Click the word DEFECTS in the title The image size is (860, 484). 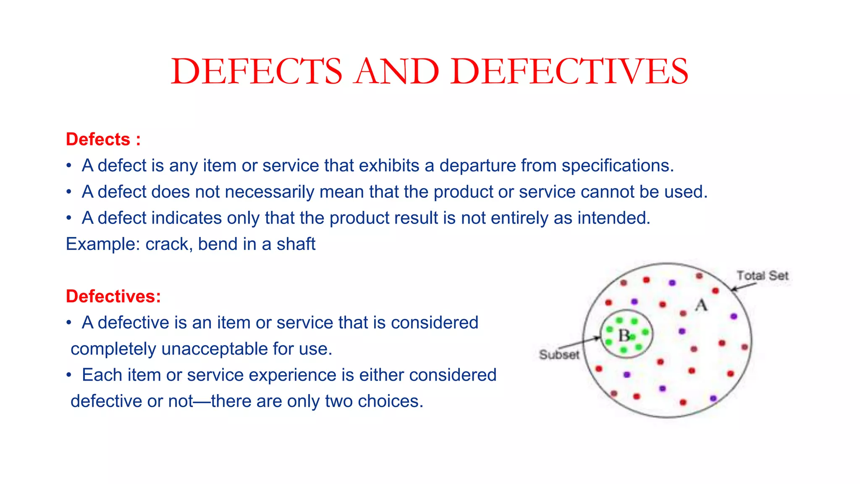[x=257, y=72]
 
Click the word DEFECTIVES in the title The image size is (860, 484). [x=569, y=72]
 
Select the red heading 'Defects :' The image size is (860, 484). [x=103, y=139]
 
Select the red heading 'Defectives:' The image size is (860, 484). [x=113, y=297]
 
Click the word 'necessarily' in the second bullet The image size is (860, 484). [x=269, y=192]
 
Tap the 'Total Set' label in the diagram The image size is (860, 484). [x=763, y=276]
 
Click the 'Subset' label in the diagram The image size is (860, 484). [x=559, y=355]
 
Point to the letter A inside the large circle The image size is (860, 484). [x=701, y=305]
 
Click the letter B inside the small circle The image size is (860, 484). [x=624, y=336]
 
